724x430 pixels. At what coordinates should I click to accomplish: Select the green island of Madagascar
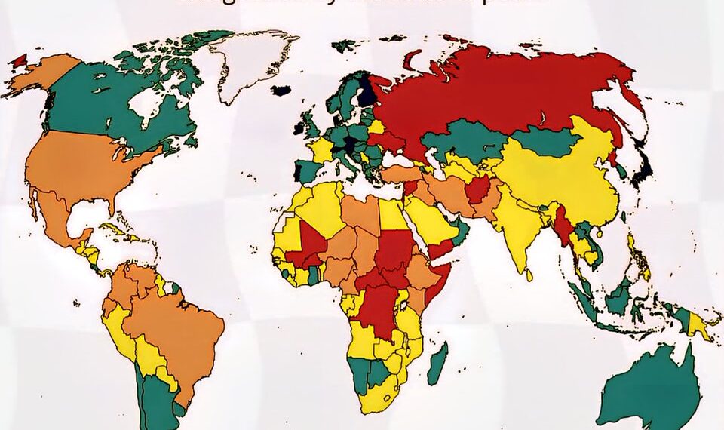tap(437, 363)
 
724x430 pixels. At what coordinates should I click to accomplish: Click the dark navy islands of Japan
tap(643, 170)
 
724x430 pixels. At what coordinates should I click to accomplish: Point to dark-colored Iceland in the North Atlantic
tap(281, 91)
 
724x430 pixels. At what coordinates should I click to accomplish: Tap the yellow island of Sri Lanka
tap(529, 275)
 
